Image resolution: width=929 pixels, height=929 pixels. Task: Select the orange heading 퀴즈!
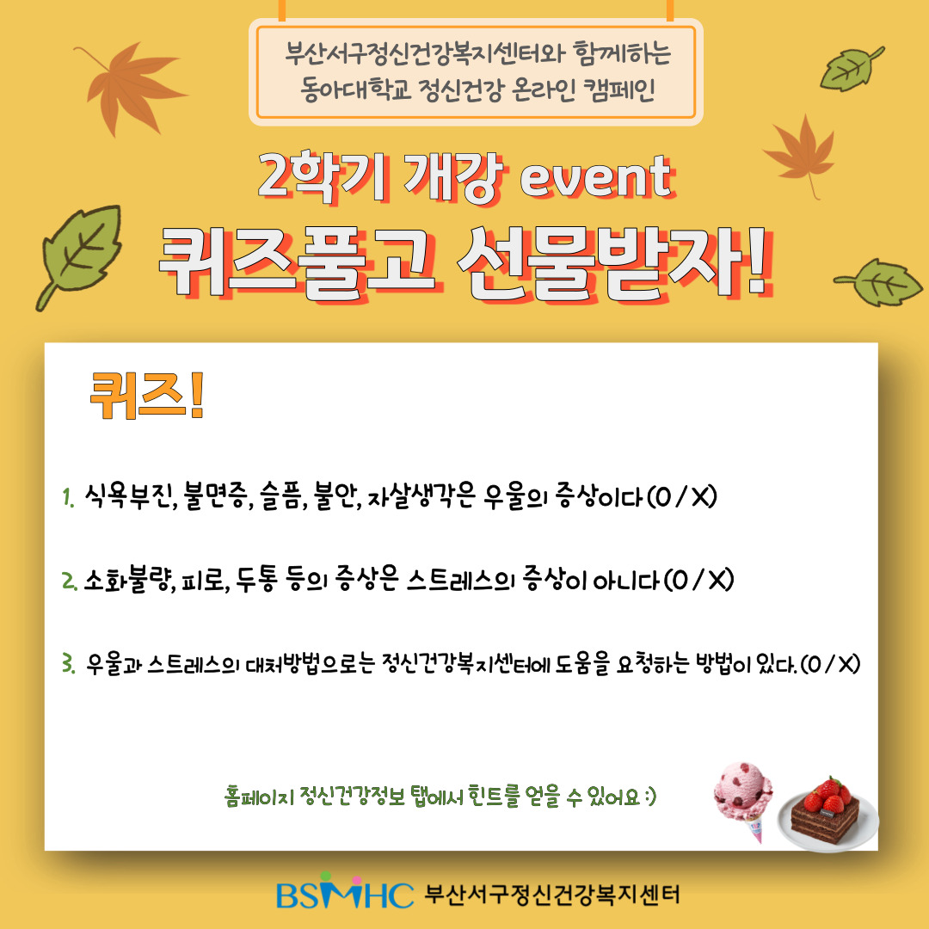[147, 395]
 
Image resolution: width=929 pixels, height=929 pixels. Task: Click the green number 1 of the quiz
[68, 498]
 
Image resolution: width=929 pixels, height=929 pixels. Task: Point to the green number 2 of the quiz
[69, 581]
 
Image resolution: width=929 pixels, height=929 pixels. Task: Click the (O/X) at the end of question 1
[681, 496]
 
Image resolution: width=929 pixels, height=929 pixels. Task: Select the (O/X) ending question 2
[698, 580]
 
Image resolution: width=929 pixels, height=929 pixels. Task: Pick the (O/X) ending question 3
[830, 663]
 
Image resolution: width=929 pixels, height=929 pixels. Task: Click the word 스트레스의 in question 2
[460, 580]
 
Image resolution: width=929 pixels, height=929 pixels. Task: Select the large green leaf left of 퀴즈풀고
[79, 256]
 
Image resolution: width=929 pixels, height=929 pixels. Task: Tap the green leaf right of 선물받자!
[878, 282]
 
